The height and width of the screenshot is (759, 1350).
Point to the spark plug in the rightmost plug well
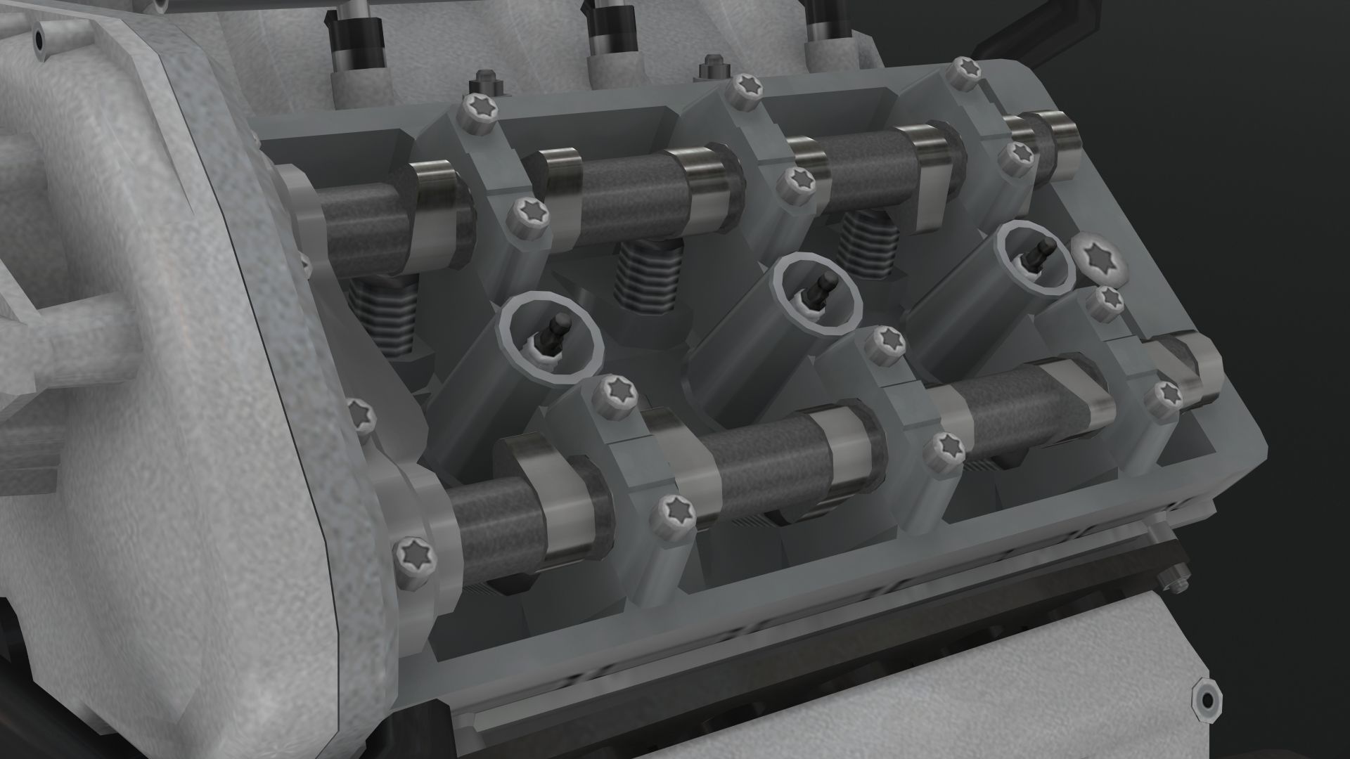1039,254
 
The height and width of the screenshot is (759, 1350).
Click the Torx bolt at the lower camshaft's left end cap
415,556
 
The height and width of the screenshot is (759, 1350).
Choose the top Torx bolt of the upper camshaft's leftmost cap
477,111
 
